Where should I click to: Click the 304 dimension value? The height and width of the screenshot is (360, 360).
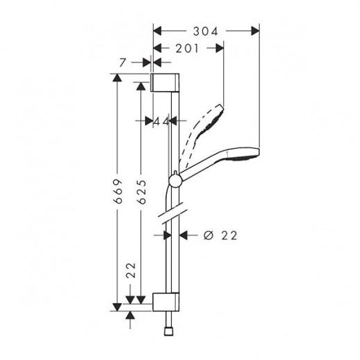coord(206,31)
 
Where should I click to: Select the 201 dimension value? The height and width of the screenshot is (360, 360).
coord(187,49)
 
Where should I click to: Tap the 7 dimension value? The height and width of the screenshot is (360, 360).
coord(123,63)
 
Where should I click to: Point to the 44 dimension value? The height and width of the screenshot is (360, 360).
coord(161,121)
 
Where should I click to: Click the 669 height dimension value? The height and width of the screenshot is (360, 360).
coord(118,191)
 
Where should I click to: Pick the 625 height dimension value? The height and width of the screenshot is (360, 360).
coord(141,192)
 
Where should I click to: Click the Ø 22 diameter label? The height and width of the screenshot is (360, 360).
coord(220,236)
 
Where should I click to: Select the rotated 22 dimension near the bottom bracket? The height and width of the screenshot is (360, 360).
coord(131,270)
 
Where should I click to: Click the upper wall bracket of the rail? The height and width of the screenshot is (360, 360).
coord(165,83)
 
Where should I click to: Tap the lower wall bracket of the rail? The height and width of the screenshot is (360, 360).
coord(166,302)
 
